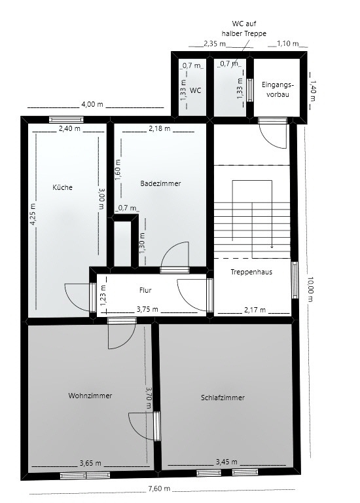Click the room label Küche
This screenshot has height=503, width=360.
(x=63, y=187)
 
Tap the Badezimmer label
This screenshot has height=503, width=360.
(x=160, y=184)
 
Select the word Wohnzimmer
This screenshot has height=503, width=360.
(x=90, y=396)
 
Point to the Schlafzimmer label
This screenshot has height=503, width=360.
(x=223, y=398)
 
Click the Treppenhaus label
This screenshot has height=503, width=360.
(x=251, y=271)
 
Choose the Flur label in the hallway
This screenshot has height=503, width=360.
(x=145, y=289)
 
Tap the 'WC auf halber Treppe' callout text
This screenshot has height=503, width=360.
(x=243, y=29)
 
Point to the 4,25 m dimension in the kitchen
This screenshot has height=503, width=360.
(x=33, y=214)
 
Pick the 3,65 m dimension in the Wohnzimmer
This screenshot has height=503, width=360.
(x=90, y=463)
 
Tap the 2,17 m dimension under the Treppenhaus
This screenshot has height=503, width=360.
(x=254, y=310)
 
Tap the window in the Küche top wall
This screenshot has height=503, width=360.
(x=66, y=119)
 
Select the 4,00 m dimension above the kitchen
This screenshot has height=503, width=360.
(x=92, y=104)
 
